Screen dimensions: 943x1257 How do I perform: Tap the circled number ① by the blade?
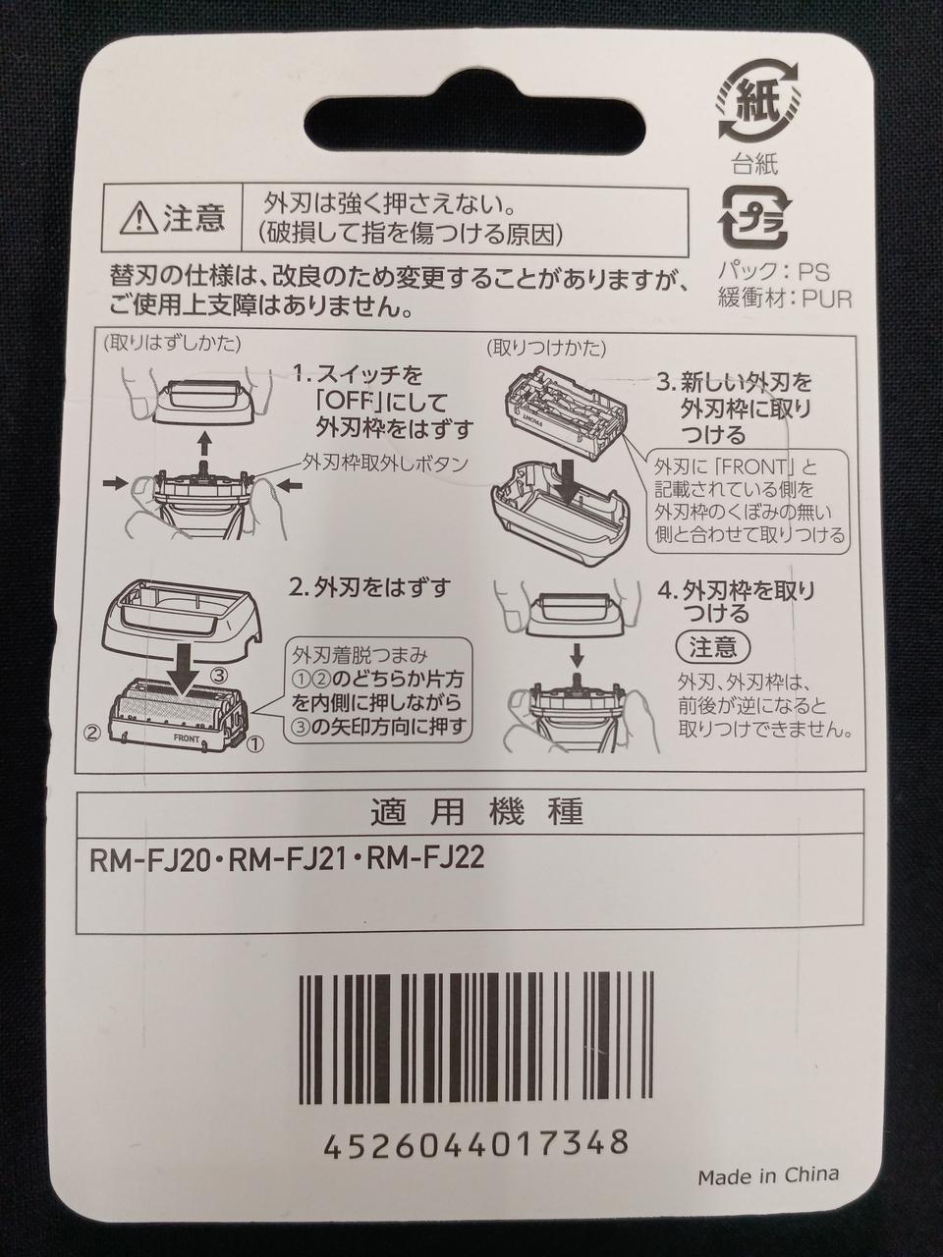click(x=254, y=744)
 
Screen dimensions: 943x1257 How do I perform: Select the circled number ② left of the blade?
click(x=94, y=732)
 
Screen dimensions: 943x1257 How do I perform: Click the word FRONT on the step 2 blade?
click(x=186, y=738)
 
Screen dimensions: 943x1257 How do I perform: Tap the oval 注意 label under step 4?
click(x=713, y=648)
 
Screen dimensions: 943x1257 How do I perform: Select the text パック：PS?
click(x=773, y=271)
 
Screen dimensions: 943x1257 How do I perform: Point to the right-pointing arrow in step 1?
click(x=115, y=484)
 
